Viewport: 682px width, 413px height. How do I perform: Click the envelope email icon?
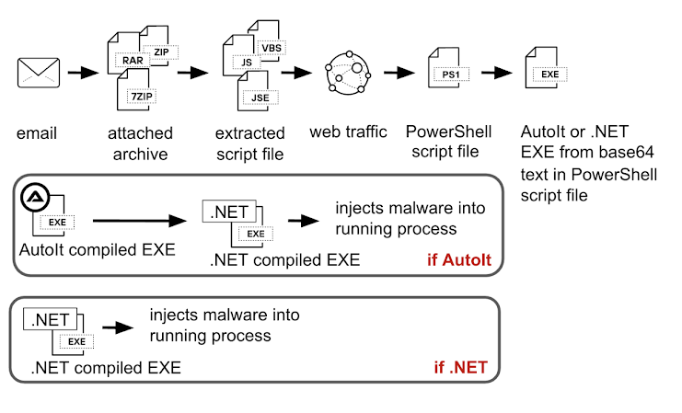coord(38,72)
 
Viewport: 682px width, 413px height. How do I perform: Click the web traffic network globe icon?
coord(347,73)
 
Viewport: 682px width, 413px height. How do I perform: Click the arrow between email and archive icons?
coord(83,73)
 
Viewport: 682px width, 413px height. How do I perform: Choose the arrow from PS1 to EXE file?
coord(495,73)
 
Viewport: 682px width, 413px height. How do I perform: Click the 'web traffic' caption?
coord(348,133)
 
